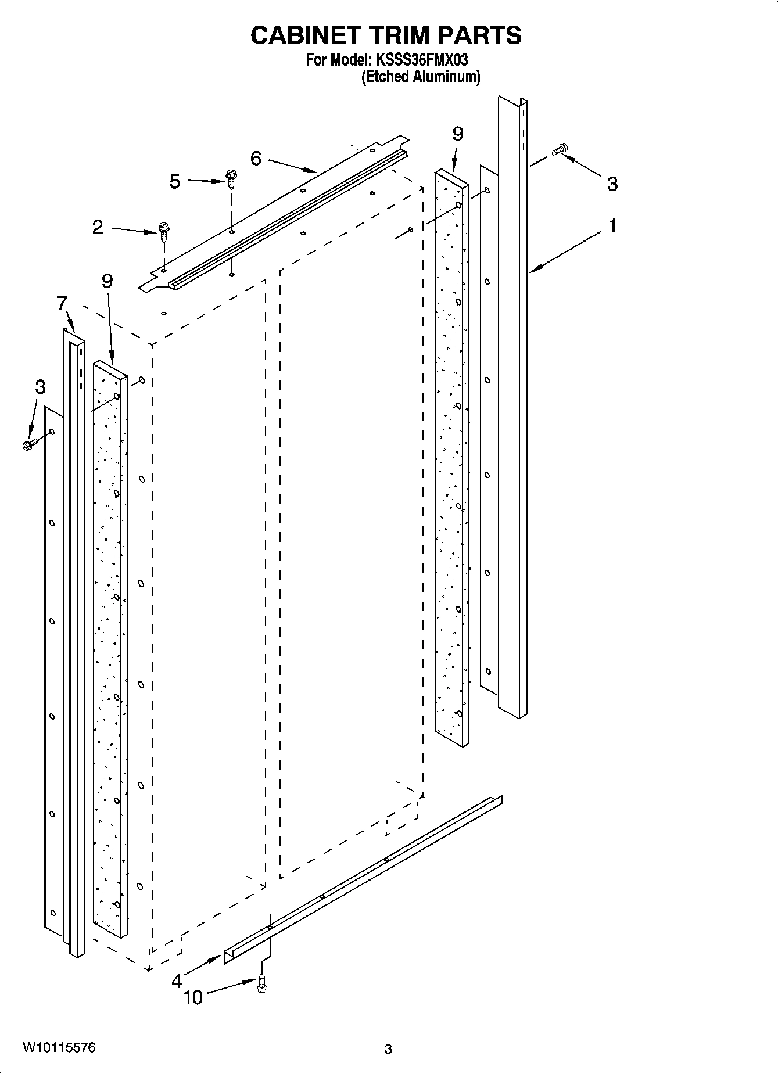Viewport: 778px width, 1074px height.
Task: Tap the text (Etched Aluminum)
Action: [x=421, y=77]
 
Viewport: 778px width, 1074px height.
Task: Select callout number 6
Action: [x=256, y=158]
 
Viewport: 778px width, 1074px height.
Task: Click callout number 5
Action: [x=175, y=182]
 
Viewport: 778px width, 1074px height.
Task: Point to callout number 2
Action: [x=98, y=227]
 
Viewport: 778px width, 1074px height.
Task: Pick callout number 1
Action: [x=612, y=226]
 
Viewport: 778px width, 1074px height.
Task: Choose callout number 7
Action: [x=62, y=303]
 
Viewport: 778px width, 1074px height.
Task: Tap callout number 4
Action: [x=177, y=982]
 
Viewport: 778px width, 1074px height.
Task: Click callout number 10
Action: [x=193, y=998]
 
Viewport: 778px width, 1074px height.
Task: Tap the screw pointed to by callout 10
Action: [x=261, y=984]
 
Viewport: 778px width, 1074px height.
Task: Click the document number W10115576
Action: [x=59, y=1048]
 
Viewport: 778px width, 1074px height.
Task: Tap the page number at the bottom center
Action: [x=388, y=1049]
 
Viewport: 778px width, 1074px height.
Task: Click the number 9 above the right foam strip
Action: [x=457, y=134]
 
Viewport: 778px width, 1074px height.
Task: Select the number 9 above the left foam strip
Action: [x=107, y=281]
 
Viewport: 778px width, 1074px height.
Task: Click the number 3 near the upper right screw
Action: [x=612, y=184]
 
